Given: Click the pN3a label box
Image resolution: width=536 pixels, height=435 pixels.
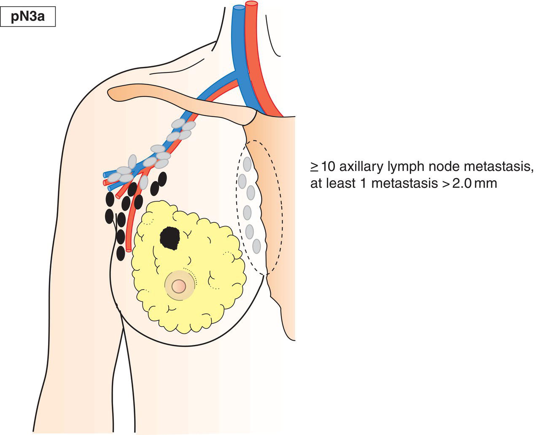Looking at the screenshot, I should (x=28, y=18).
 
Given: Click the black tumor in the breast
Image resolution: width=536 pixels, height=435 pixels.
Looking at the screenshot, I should (x=170, y=238).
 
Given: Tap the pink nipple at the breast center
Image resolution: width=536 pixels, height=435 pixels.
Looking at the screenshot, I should (x=179, y=286).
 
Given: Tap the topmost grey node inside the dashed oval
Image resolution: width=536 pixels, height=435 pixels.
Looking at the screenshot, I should (x=247, y=163).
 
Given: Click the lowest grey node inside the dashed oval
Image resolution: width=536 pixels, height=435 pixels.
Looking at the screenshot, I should (x=256, y=246).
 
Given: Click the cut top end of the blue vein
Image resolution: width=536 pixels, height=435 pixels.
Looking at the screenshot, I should (x=239, y=7).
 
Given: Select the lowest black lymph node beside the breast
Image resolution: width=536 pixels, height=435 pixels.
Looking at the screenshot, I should (x=120, y=253).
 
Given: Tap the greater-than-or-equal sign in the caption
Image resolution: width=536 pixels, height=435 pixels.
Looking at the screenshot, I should (x=315, y=167).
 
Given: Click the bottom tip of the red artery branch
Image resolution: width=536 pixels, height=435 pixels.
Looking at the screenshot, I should (x=129, y=250).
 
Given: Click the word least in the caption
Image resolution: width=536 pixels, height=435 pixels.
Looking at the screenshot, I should (x=335, y=184).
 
